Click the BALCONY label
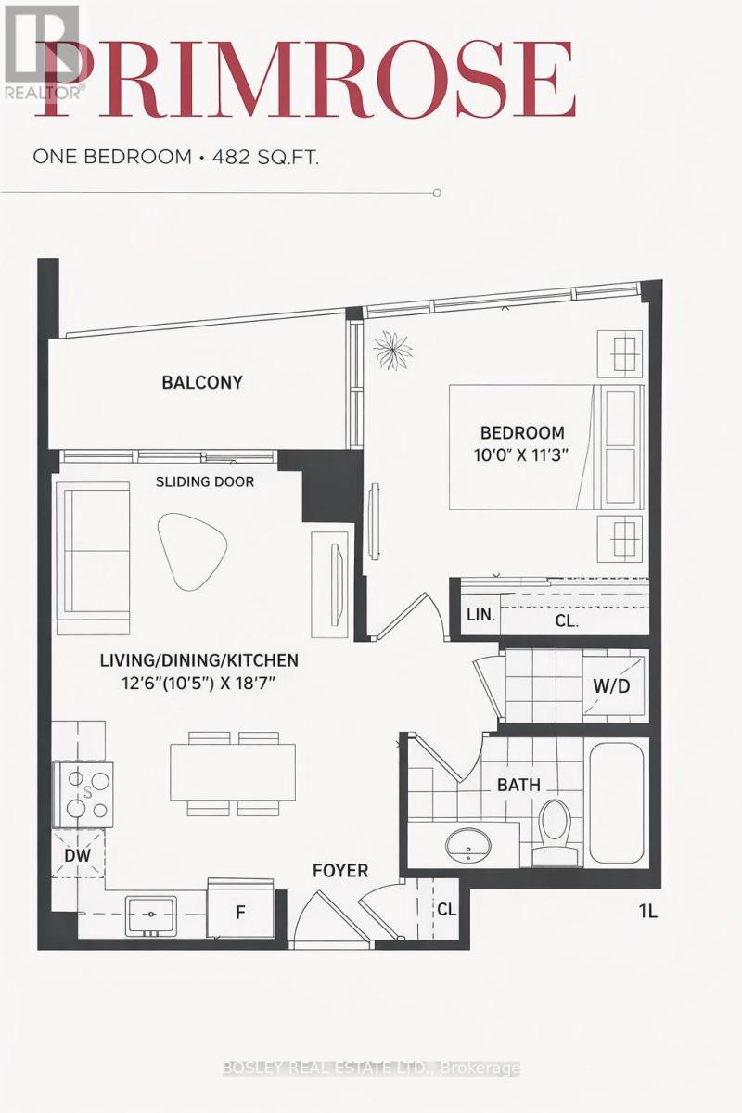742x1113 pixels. (201, 382)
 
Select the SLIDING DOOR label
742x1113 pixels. (204, 481)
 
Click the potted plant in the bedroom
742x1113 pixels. (393, 352)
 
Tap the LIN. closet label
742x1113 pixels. (480, 614)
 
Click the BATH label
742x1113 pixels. (518, 785)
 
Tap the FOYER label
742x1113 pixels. (340, 871)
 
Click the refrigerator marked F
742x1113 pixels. (240, 911)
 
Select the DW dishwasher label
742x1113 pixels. (78, 855)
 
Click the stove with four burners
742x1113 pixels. (83, 793)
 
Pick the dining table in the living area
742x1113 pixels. (233, 771)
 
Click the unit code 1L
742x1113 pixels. (647, 911)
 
